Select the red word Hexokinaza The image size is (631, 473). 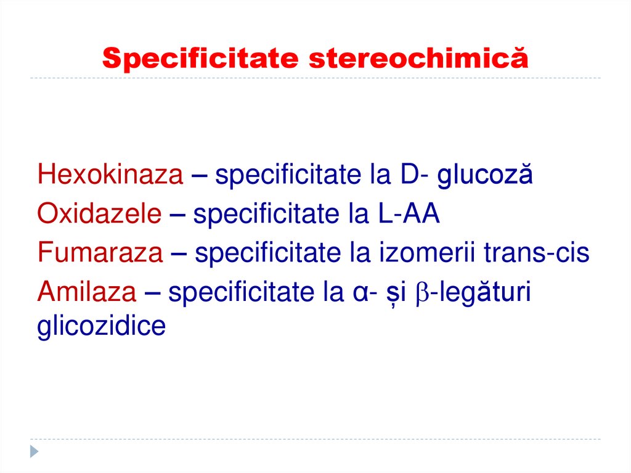click(110, 176)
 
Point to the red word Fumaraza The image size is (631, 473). click(100, 252)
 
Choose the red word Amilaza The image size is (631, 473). click(87, 290)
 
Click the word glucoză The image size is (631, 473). click(484, 176)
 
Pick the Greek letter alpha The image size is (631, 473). click(354, 292)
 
